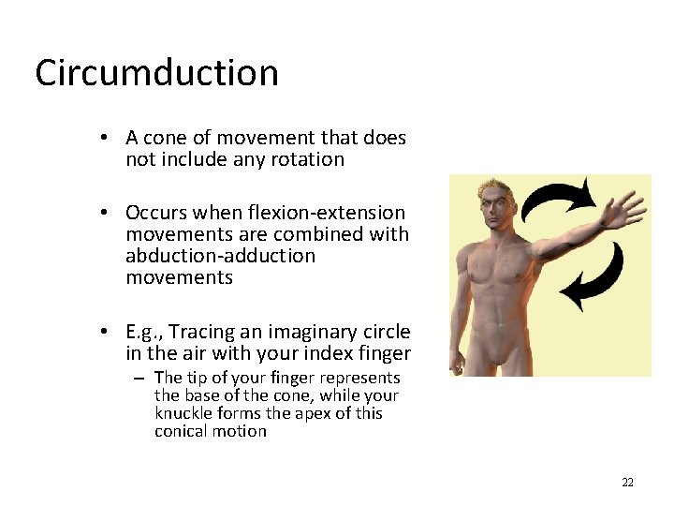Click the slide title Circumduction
click(156, 73)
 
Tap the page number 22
click(627, 483)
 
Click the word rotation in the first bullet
click(309, 159)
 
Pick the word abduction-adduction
click(220, 256)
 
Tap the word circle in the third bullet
click(384, 332)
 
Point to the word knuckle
click(183, 413)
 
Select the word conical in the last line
click(183, 431)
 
